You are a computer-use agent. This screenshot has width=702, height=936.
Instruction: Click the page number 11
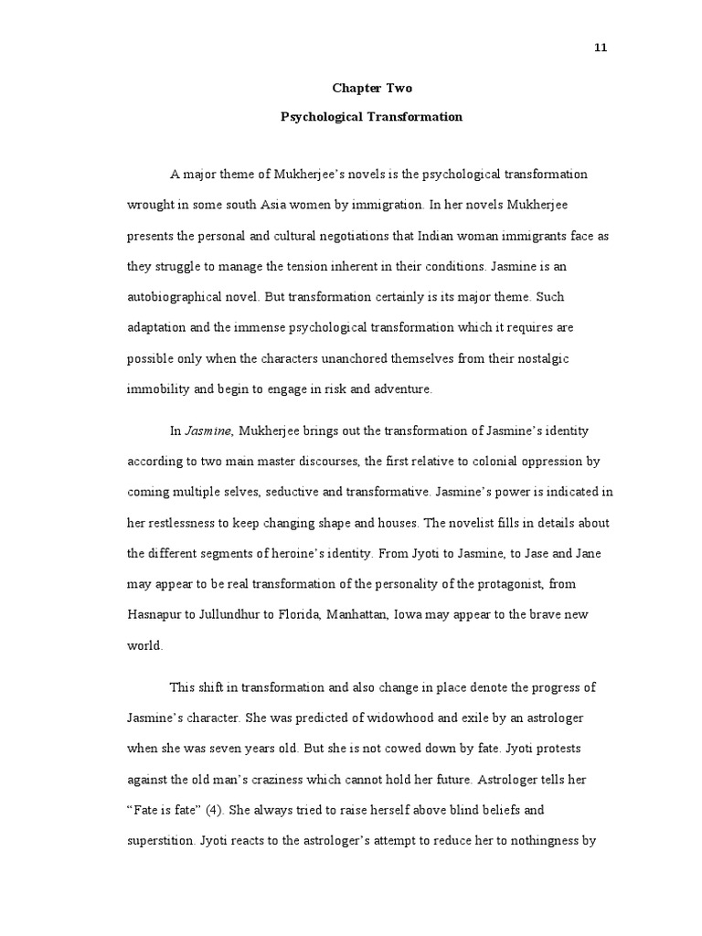coord(601,48)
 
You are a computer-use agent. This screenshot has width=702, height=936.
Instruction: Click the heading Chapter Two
coord(371,89)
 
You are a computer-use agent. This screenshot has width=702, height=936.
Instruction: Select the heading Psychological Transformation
coord(371,117)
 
